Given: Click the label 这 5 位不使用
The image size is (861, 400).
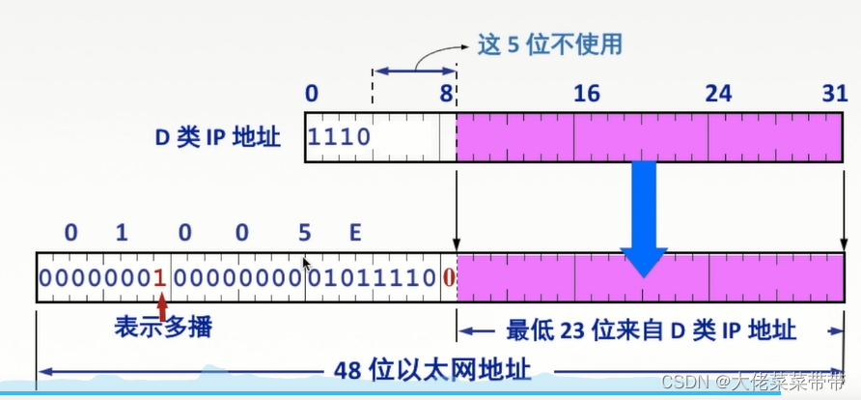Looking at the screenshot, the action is click(550, 43).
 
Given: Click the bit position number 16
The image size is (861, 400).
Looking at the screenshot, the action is click(586, 94).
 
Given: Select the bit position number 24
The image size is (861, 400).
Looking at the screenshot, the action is click(717, 94).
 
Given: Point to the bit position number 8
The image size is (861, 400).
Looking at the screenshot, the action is click(446, 94).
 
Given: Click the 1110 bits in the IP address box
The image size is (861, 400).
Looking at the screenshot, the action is click(339, 136).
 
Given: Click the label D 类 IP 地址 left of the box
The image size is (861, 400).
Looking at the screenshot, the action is click(218, 137).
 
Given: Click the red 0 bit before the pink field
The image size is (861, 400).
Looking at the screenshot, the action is click(449, 278).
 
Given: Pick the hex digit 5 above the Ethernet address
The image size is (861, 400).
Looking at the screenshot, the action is click(305, 233).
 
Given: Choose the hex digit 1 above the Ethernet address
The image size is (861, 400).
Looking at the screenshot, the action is click(121, 233).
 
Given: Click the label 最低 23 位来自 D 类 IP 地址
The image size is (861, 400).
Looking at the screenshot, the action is click(652, 330).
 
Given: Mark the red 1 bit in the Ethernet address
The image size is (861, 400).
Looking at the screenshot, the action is click(160, 278).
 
